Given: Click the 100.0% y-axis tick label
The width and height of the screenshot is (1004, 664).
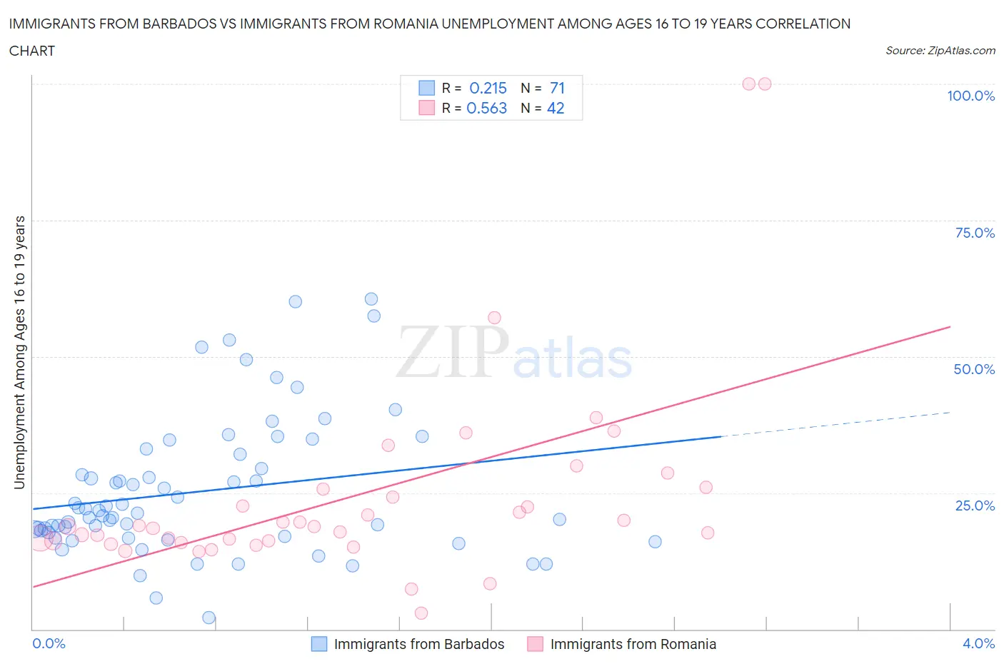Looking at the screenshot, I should tap(970, 96).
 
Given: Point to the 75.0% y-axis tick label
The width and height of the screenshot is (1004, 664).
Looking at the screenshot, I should tap(975, 233).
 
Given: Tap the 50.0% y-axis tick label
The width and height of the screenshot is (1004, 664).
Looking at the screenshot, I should tap(974, 369).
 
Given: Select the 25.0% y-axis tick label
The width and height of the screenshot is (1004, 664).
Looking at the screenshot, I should tap(975, 505).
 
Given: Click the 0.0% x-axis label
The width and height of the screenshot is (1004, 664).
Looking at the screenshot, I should tap(49, 643).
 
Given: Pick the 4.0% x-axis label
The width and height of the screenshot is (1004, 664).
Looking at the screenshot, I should tap(978, 643).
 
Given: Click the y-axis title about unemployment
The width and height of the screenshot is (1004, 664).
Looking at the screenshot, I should tap(19, 352).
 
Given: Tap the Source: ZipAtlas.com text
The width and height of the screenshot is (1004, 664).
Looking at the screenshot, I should tap(940, 51).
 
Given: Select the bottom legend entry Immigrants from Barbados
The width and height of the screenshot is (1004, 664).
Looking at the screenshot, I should tap(418, 644).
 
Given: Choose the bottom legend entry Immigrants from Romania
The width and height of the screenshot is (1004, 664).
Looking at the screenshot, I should tap(633, 644).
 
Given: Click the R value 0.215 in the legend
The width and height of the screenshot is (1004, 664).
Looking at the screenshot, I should tap(488, 88).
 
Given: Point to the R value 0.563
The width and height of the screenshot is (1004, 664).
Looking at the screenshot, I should tap(486, 108).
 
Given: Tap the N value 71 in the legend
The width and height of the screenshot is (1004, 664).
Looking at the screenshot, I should tap(557, 88).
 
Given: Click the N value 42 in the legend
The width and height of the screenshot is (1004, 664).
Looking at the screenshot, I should tap(556, 108).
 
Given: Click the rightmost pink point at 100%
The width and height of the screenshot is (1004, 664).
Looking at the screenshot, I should tap(765, 84).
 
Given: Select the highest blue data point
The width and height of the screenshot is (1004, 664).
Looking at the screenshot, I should tap(371, 299).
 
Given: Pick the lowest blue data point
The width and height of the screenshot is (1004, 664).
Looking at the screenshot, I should tap(209, 618).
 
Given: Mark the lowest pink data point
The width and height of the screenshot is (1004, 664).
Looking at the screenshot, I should tap(421, 613).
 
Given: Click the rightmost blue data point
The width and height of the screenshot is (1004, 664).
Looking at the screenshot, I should tap(655, 542).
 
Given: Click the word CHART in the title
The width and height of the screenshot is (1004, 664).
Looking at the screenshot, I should tap(32, 51).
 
